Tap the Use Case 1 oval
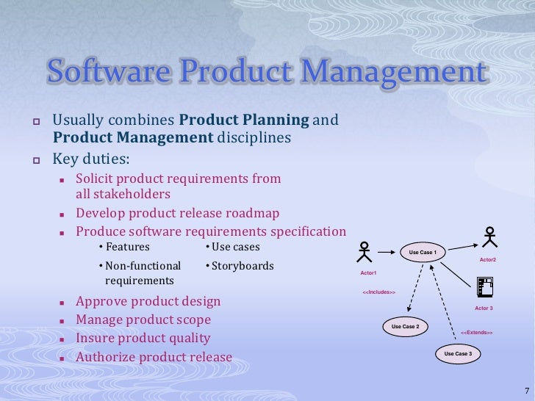[423, 253]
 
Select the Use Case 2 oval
[405, 326]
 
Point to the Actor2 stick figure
[490, 236]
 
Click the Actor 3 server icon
[484, 286]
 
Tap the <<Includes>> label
[379, 292]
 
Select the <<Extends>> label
[476, 333]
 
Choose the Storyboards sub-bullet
[242, 266]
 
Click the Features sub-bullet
[127, 247]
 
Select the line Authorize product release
[154, 358]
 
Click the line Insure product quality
[143, 339]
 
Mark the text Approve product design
[148, 301]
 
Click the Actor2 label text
[488, 260]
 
